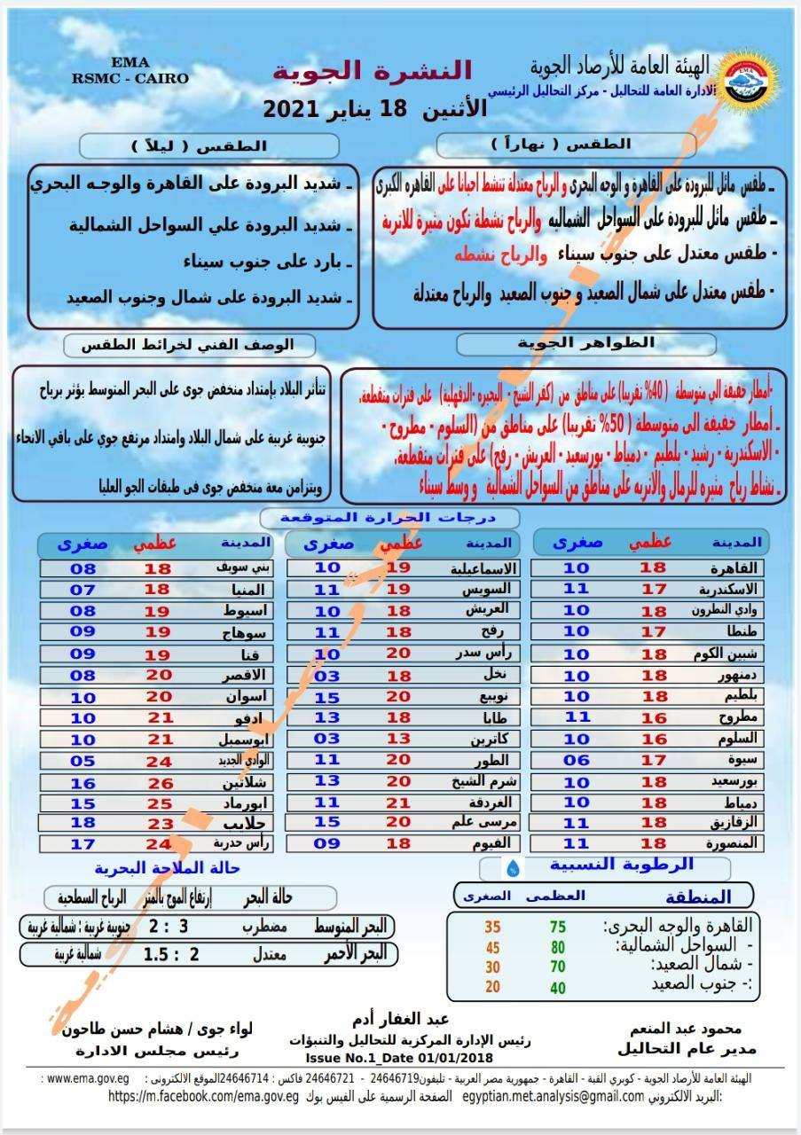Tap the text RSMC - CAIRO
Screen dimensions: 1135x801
[x=130, y=78]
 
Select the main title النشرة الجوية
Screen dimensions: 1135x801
[x=373, y=70]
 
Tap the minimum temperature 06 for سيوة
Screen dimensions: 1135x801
[x=576, y=760]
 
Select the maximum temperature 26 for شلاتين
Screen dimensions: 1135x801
[x=161, y=783]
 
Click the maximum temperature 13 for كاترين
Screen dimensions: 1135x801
[x=398, y=739]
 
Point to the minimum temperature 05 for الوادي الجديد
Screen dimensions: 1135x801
[x=82, y=761]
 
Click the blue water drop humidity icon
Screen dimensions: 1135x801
[x=514, y=866]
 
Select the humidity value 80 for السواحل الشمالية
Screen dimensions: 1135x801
[x=557, y=948]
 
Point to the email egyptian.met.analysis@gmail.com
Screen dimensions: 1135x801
[x=554, y=1096]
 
